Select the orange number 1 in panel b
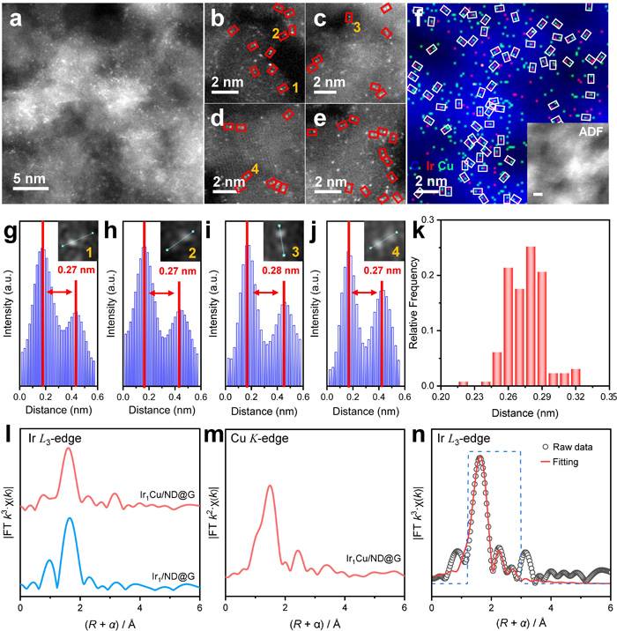tap(295, 88)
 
